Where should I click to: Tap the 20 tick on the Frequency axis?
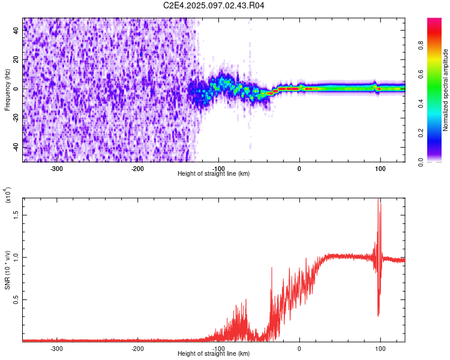(17, 60)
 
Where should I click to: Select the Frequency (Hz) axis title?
(7, 89)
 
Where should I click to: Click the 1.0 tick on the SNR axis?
(16, 257)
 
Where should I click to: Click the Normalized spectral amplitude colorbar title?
(446, 89)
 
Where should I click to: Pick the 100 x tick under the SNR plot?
(380, 348)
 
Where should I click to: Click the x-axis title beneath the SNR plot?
(214, 354)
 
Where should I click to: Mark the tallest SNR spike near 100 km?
(379, 200)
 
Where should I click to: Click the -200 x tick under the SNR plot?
(137, 348)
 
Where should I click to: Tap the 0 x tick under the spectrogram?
(299, 168)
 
